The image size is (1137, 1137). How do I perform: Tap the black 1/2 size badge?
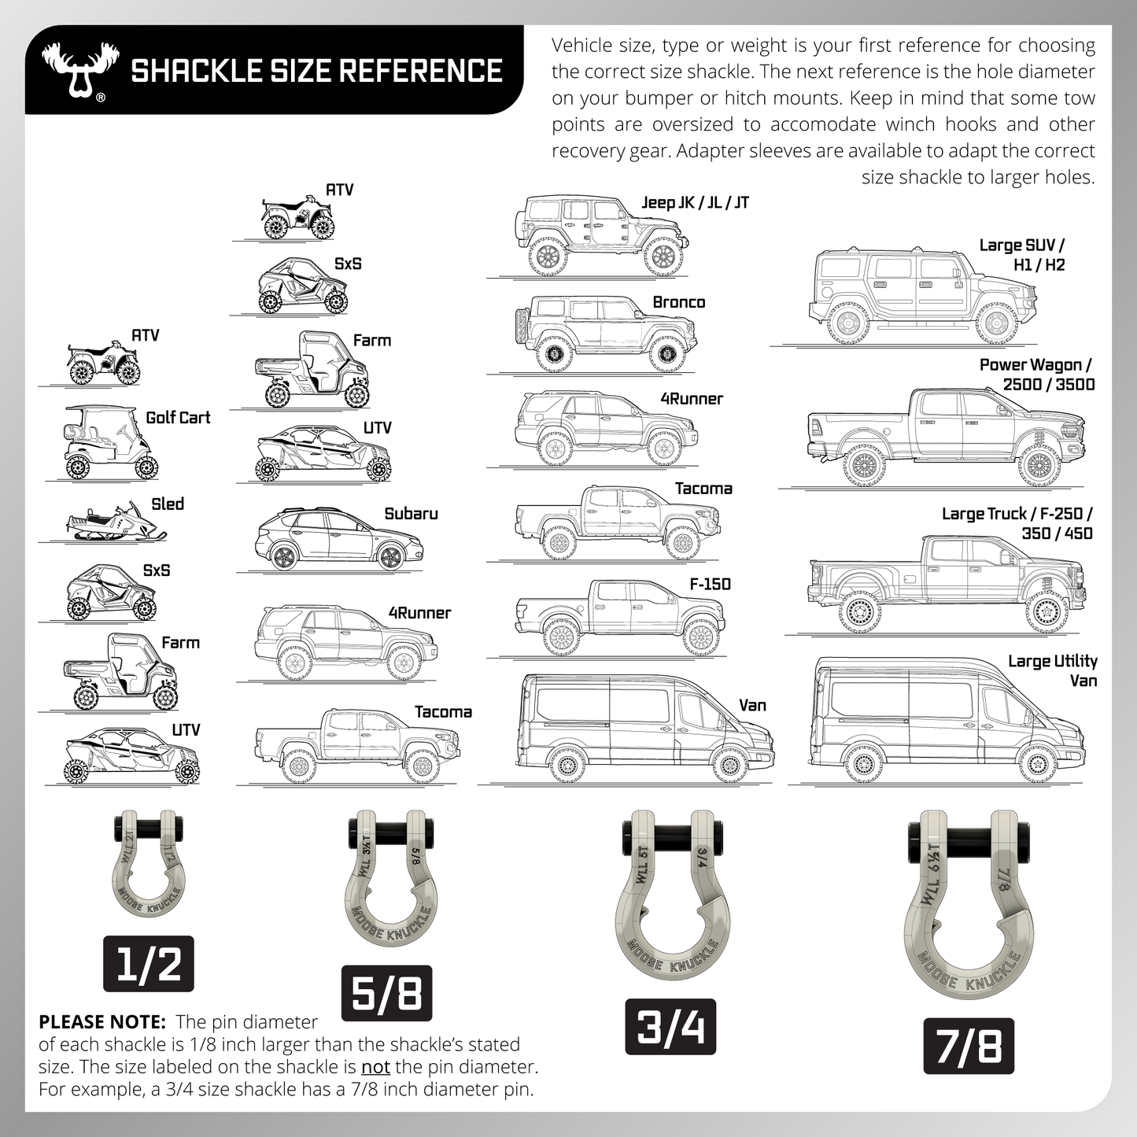[148, 964]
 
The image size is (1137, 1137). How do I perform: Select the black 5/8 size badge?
[386, 992]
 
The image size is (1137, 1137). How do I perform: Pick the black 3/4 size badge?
[670, 1027]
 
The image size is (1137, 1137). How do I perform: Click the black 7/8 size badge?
[968, 1046]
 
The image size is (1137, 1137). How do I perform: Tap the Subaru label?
[411, 514]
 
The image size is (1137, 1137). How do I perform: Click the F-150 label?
[710, 584]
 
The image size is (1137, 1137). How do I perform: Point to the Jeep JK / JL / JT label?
[695, 203]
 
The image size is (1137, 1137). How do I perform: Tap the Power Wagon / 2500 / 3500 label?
[1036, 375]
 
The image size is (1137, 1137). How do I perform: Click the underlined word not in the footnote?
[375, 1067]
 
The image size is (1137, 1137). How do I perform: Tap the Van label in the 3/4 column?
[752, 705]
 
